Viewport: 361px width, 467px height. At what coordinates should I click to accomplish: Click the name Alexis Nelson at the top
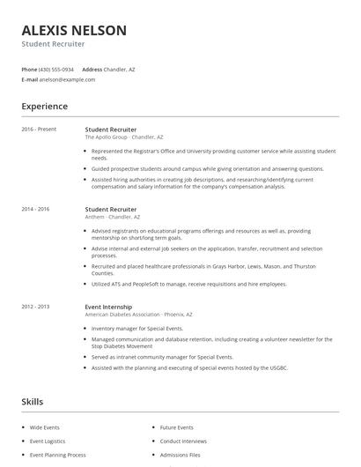pyautogui.click(x=74, y=30)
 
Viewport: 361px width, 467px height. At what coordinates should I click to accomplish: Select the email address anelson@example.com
pyautogui.click(x=66, y=79)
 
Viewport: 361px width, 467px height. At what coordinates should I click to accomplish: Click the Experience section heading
pyautogui.click(x=45, y=107)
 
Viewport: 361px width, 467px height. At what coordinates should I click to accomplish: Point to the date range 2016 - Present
pyautogui.click(x=40, y=130)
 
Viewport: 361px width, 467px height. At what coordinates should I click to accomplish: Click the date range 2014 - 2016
pyautogui.click(x=36, y=209)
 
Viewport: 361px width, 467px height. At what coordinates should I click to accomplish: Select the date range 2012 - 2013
pyautogui.click(x=36, y=307)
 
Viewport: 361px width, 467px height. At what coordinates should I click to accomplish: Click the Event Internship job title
pyautogui.click(x=107, y=307)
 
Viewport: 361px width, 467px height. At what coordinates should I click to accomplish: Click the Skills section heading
pyautogui.click(x=33, y=402)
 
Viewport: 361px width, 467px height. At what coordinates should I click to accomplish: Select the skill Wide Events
pyautogui.click(x=44, y=426)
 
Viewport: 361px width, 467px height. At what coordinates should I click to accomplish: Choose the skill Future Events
pyautogui.click(x=176, y=426)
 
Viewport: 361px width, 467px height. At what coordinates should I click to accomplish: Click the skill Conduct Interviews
pyautogui.click(x=182, y=441)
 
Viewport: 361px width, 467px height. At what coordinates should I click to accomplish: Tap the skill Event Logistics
pyautogui.click(x=48, y=441)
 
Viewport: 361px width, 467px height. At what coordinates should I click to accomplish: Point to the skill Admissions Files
pyautogui.click(x=180, y=455)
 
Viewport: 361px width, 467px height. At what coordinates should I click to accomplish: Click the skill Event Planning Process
pyautogui.click(x=57, y=455)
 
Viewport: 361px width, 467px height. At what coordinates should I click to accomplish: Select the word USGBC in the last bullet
pyautogui.click(x=277, y=367)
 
